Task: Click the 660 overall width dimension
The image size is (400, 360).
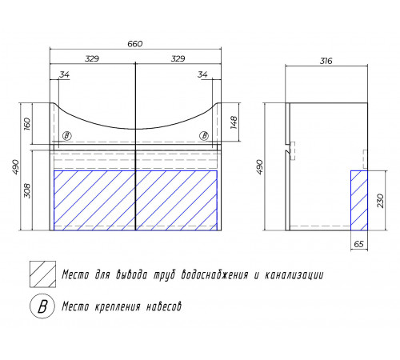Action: click(x=135, y=44)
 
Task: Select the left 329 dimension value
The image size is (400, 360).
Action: click(x=92, y=58)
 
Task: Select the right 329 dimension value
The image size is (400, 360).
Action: click(x=178, y=58)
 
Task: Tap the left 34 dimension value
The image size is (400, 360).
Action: click(x=64, y=74)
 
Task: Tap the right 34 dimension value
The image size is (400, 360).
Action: click(x=202, y=74)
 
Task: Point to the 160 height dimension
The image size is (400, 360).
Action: click(x=27, y=124)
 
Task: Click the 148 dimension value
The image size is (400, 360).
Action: click(x=234, y=122)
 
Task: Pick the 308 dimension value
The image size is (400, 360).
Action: click(x=27, y=191)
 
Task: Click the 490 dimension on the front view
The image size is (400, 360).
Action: click(x=16, y=167)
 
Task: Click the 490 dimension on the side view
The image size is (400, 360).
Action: click(x=259, y=167)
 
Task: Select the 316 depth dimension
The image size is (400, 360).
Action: click(x=326, y=61)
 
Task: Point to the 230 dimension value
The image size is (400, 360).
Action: click(x=381, y=201)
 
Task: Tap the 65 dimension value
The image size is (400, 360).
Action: click(x=359, y=244)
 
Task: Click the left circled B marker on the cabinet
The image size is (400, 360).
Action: click(x=67, y=136)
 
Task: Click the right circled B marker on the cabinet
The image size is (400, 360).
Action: click(x=204, y=136)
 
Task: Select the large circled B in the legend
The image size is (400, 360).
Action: click(x=42, y=306)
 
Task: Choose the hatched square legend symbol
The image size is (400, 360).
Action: click(x=42, y=274)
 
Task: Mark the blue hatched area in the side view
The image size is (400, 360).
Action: click(x=359, y=201)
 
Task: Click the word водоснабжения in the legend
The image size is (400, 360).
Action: click(x=215, y=274)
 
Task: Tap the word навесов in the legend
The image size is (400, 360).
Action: click(x=164, y=306)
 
